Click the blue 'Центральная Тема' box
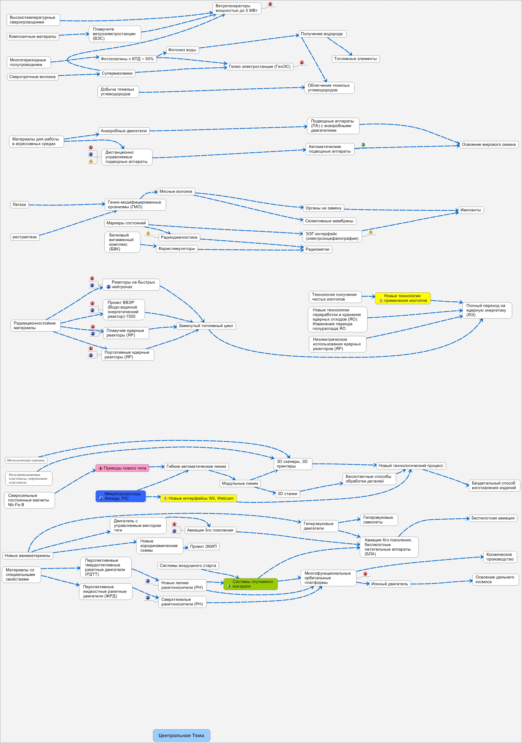181,735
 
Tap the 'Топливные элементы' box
355,59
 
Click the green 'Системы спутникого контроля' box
251,584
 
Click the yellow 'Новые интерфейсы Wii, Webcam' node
198,498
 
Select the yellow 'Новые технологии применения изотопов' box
403,298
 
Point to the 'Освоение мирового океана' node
488,145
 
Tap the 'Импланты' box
470,210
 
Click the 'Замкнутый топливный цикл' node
206,326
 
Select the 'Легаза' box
19,205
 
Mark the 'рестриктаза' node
25,237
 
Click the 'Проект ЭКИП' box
203,546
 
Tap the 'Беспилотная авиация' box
493,518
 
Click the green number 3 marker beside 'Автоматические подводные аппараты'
363,145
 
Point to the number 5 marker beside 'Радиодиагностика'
148,233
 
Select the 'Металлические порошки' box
26,460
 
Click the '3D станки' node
287,494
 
